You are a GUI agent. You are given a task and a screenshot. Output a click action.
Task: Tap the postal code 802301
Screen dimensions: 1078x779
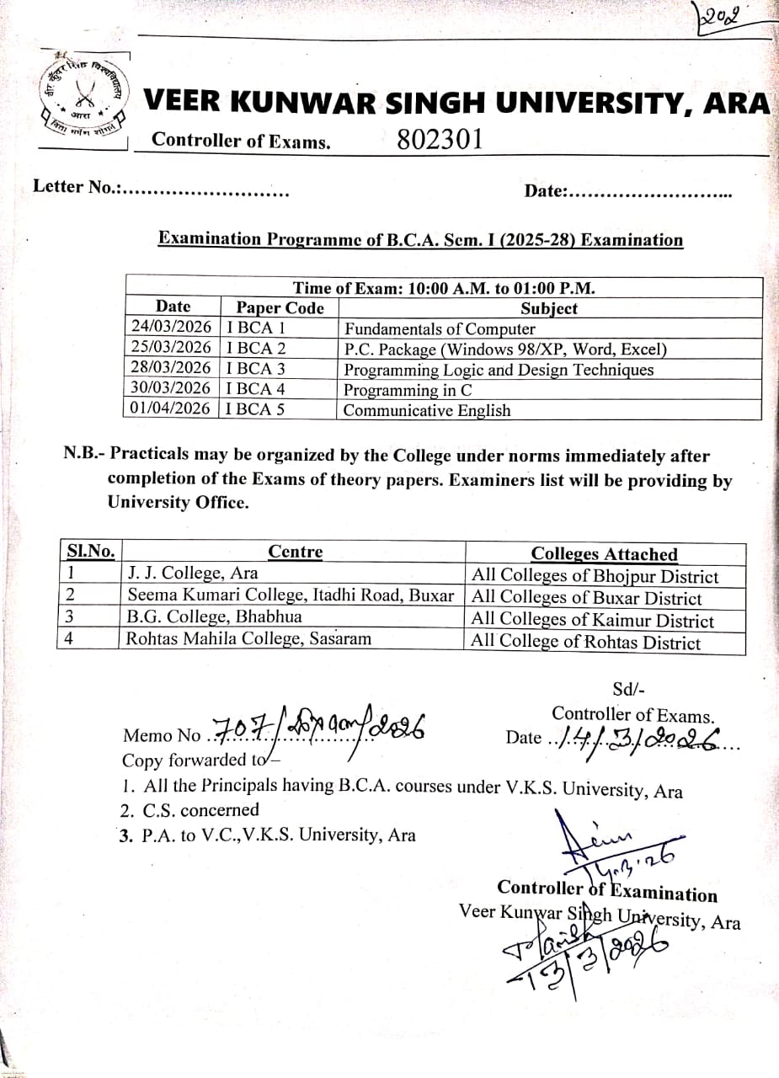440,140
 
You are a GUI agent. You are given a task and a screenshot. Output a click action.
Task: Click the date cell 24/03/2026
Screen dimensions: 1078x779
172,327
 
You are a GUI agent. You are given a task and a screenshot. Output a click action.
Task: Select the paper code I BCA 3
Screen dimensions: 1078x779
256,368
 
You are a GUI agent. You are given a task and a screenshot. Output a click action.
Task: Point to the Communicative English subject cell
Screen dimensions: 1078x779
427,410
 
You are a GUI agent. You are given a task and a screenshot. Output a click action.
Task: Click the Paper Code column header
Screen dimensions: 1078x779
280,307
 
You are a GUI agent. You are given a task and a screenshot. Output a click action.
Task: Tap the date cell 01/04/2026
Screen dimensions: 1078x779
172,408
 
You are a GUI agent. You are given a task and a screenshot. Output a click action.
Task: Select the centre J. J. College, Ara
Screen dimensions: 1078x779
192,574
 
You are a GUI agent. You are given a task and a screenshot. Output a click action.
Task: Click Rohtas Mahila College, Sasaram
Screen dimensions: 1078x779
248,638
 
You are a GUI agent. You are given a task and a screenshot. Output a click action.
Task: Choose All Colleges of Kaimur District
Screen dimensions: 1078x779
593,621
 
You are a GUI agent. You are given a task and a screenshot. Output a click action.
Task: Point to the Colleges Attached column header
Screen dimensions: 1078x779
604,553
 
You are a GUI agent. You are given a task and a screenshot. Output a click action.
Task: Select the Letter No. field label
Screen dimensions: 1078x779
75,186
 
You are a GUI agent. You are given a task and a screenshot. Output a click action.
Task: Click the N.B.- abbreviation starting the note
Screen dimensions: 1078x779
84,456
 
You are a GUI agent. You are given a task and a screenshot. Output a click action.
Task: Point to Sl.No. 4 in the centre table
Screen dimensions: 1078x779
68,638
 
